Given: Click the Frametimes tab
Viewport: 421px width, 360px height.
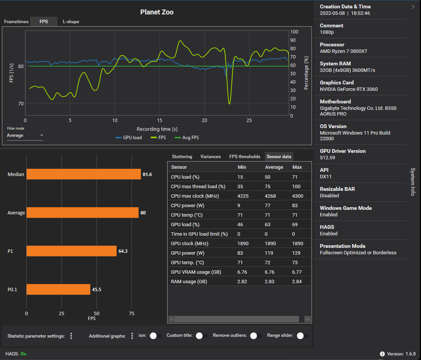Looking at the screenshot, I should (x=16, y=22).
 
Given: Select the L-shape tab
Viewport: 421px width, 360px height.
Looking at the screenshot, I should (x=71, y=22).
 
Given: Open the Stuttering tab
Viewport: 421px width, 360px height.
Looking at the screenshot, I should (x=182, y=157).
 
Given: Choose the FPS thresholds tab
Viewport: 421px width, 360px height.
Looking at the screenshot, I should (x=245, y=157).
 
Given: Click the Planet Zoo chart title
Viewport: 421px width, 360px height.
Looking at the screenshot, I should (x=157, y=12).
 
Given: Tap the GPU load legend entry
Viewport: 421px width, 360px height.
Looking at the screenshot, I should (x=129, y=138).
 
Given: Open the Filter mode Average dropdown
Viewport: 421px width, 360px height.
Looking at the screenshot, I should (x=25, y=135).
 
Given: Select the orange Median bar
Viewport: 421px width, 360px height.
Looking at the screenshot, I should (x=84, y=174).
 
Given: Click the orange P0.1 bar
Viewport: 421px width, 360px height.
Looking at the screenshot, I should (x=58, y=290).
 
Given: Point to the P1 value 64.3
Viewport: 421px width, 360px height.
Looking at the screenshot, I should (x=123, y=251).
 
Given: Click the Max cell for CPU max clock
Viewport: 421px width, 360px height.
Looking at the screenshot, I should (x=298, y=196).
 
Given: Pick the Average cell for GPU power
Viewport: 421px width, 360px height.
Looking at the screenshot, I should (x=270, y=253).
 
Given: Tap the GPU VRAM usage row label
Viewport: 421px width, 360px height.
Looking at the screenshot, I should (x=196, y=272).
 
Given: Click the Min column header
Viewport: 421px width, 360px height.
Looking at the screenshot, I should (x=242, y=167).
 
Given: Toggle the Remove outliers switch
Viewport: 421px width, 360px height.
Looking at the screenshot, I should (x=256, y=336).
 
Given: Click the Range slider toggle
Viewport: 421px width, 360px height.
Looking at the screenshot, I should (x=302, y=336).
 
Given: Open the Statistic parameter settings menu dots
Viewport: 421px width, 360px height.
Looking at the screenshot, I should (x=71, y=336).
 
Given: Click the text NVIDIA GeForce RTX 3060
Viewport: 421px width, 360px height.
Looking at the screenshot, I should (x=349, y=89).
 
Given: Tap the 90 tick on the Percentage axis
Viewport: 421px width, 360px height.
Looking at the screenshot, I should (x=293, y=40).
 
